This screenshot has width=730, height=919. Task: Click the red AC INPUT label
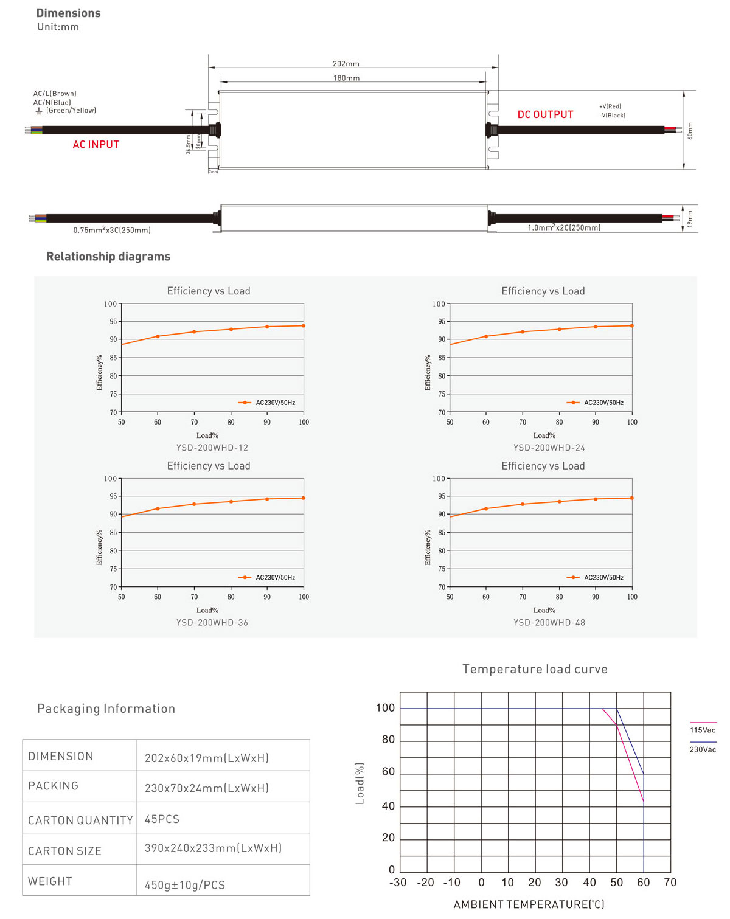pos(96,145)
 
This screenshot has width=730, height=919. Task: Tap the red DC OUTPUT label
pos(545,114)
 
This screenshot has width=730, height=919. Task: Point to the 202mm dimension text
pos(346,64)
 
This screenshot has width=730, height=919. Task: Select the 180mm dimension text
pos(346,78)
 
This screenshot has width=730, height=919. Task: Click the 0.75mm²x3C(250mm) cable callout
pos(112,230)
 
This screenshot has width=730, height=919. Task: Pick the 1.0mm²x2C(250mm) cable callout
pos(564,227)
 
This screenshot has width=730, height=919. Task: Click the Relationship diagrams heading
pos(108,257)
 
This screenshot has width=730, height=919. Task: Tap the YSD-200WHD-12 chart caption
pos(212,448)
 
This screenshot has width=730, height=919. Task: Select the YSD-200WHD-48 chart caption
pos(549,623)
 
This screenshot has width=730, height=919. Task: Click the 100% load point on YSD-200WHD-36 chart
pos(304,498)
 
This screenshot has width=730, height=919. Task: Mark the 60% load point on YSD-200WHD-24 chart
pos(486,336)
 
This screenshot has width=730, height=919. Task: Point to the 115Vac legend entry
pos(703,730)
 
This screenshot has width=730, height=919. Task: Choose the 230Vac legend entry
pos(703,749)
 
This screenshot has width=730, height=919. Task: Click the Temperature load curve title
pos(535,669)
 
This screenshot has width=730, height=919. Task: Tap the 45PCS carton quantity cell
pos(162,819)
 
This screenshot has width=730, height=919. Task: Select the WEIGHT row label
pos(50,881)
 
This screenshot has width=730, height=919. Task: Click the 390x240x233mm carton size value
pos(213,848)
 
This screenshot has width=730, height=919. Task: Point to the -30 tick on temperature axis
pos(398,883)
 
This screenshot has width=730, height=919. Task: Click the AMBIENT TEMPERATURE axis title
pos(529,904)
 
